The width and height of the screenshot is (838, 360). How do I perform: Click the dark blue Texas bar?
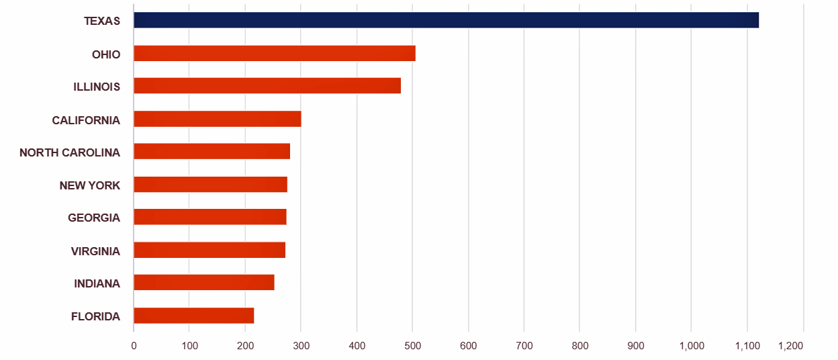coord(446,20)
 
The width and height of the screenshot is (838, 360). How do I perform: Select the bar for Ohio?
coord(274,53)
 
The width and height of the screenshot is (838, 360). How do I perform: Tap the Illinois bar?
coord(267,86)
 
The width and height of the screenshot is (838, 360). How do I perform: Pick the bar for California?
coord(217,119)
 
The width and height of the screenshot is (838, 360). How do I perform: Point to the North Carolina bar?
coord(212,151)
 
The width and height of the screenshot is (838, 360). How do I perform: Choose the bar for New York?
coord(210,184)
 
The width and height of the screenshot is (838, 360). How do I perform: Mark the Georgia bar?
coord(209,217)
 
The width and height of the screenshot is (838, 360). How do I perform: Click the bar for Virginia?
coord(209,250)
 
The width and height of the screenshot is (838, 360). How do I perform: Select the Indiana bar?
coord(203,282)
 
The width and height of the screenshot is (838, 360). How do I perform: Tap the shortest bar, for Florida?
coord(193,315)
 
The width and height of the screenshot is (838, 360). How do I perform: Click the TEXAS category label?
coord(102,21)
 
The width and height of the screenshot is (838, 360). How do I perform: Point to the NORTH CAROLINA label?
coord(70,152)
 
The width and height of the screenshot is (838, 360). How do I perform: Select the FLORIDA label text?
coord(95,316)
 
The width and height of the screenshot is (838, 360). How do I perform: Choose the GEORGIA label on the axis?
coord(94,218)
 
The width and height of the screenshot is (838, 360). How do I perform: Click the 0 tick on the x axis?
coord(134,346)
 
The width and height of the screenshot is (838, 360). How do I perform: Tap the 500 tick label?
coord(412,346)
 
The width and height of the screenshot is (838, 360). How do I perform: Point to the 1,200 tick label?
coord(790,346)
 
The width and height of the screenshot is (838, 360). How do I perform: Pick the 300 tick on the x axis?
coord(301,346)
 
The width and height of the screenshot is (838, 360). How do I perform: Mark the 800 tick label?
coord(579,346)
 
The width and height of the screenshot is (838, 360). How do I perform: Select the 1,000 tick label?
coord(691,346)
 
